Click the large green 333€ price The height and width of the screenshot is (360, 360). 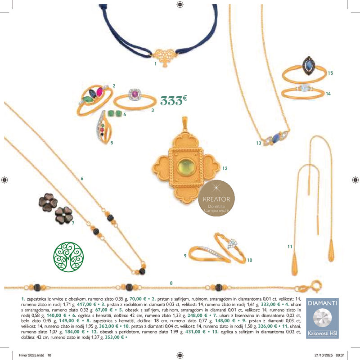tap(174, 100)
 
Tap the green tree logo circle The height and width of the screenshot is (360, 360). tap(68, 257)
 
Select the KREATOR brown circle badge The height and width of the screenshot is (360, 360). tap(216, 198)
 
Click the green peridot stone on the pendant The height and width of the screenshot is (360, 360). tap(186, 166)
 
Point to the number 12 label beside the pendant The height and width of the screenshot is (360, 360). tap(225, 168)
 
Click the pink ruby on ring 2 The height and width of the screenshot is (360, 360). tap(99, 92)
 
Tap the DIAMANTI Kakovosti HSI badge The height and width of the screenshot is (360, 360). tap(322, 318)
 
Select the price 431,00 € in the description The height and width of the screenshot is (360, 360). tap(195, 332)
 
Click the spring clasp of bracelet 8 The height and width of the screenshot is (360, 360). tap(316, 286)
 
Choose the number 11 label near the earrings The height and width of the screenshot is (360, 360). tap(290, 246)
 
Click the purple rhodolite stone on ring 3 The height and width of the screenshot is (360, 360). tap(135, 94)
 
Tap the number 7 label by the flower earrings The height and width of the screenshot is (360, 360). tap(73, 223)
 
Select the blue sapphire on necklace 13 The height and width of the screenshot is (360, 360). tap(276, 138)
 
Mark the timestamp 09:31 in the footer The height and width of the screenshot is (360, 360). tap(340, 355)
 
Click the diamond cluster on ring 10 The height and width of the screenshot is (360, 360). tap(232, 243)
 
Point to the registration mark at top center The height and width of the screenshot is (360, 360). tap(180, 4)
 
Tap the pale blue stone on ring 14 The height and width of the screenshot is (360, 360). tap(304, 88)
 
